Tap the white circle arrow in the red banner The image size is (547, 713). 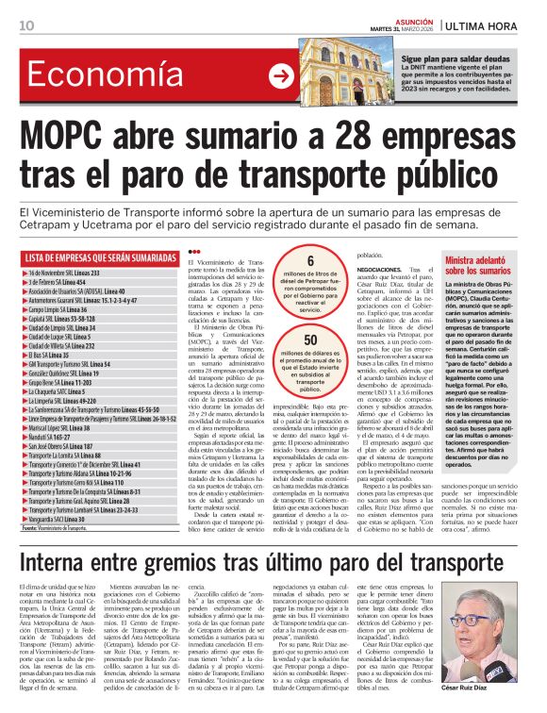[280, 76]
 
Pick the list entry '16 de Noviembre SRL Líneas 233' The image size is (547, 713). [75, 272]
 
